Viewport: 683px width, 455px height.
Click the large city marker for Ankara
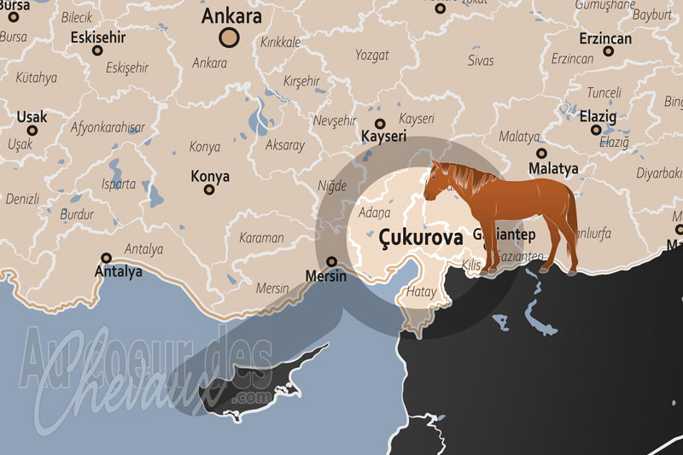click(x=229, y=36)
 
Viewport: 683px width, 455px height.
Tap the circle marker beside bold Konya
click(x=208, y=189)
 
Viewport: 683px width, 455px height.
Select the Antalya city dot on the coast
click(x=107, y=257)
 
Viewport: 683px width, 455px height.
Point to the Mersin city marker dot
click(x=332, y=261)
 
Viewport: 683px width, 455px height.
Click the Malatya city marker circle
click(x=542, y=154)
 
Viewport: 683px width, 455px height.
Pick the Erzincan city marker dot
click(x=608, y=51)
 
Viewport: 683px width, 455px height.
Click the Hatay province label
click(x=421, y=292)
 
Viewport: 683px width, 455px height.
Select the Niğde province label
click(x=332, y=185)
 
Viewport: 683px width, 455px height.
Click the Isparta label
click(x=118, y=184)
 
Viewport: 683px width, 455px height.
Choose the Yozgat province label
click(x=371, y=55)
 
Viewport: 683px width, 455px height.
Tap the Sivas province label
click(x=481, y=61)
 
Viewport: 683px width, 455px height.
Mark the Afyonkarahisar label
click(x=108, y=127)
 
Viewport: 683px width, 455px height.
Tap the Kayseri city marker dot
click(x=380, y=124)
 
